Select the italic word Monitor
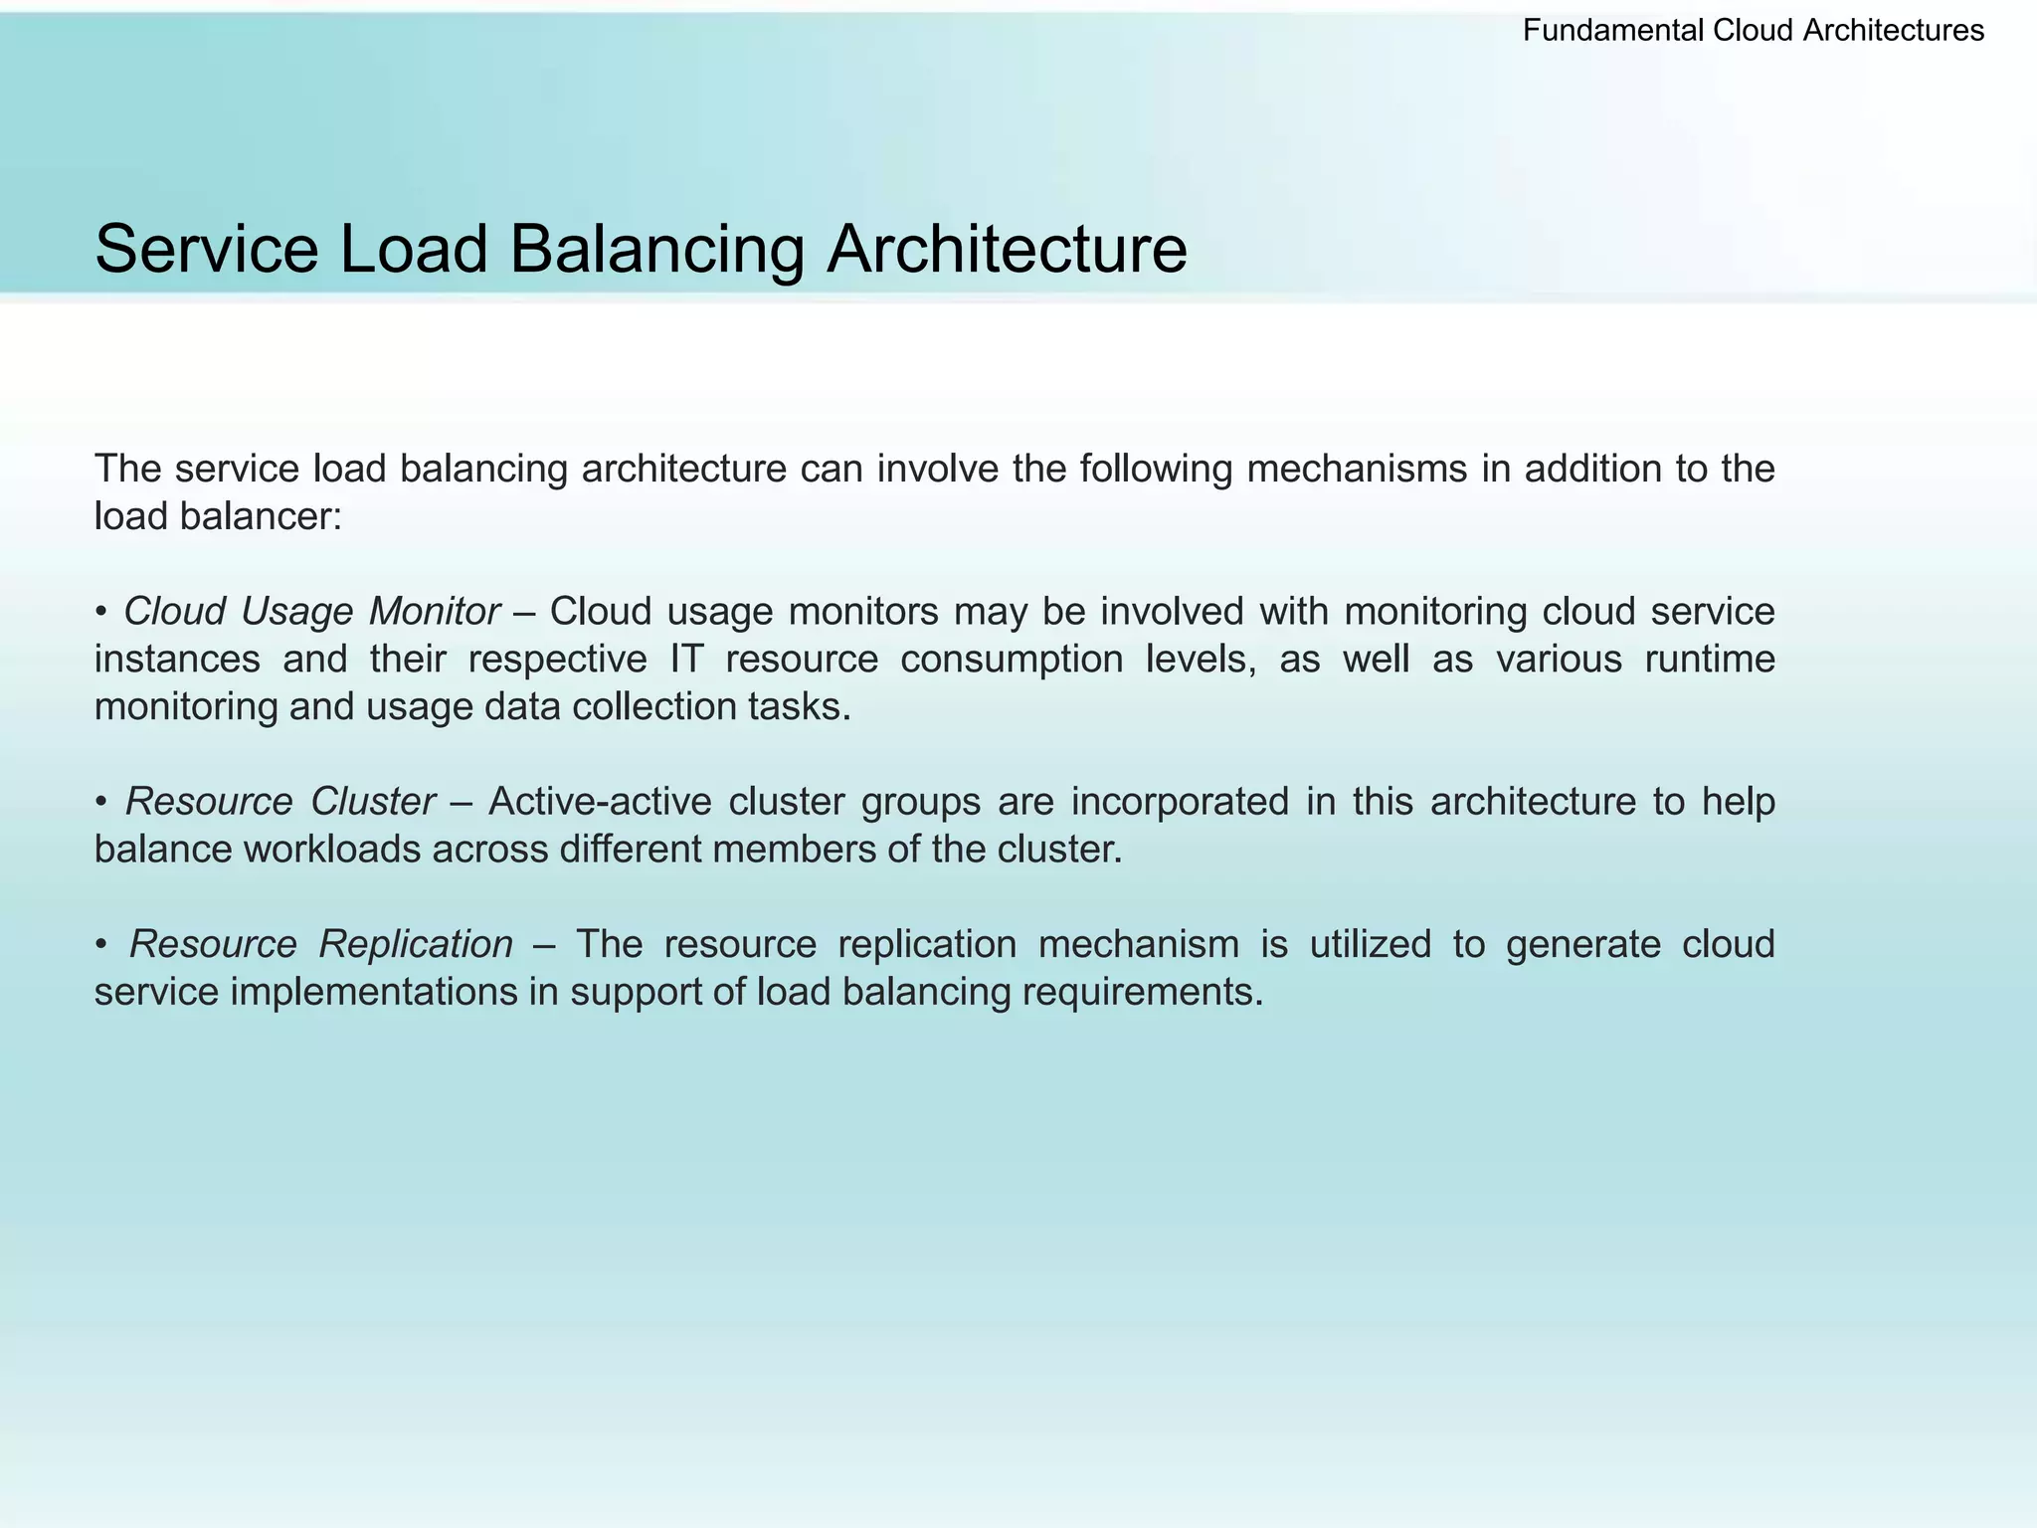[x=434, y=612]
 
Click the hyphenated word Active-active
[x=600, y=802]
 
